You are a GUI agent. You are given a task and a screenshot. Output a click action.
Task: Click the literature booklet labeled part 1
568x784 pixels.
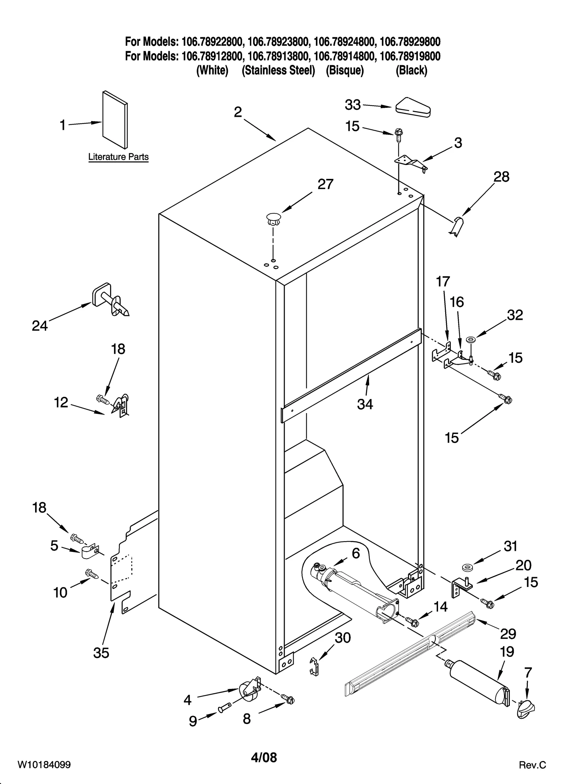(115, 120)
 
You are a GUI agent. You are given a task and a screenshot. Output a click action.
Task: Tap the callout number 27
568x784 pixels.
(325, 184)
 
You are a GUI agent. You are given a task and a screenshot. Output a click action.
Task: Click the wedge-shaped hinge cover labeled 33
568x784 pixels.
(413, 107)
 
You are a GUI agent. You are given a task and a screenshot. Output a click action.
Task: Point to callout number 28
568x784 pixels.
(501, 177)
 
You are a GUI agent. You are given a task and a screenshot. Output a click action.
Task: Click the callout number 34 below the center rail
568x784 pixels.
(365, 404)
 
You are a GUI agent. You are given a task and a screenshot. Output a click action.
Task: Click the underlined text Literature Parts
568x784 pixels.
(118, 157)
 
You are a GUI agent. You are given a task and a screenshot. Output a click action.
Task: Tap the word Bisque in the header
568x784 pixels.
(345, 71)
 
